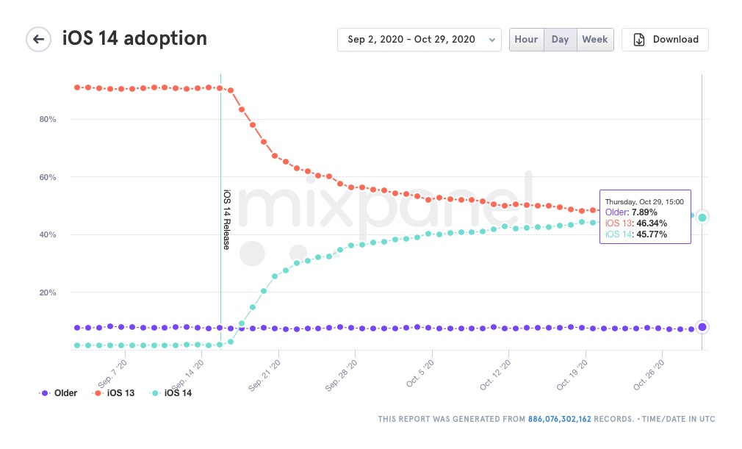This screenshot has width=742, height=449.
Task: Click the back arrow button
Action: [38, 39]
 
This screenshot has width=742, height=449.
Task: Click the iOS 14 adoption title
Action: [134, 38]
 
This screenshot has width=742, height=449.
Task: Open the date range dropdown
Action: [419, 40]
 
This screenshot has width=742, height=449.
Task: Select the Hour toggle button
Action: [526, 40]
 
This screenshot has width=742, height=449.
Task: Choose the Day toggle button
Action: [560, 40]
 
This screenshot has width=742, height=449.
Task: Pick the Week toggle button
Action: [595, 40]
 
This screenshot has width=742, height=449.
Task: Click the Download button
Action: [665, 40]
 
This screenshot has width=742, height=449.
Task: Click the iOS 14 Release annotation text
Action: [226, 220]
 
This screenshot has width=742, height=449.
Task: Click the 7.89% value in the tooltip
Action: [644, 212]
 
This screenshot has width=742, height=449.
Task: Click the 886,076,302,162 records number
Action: [559, 419]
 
